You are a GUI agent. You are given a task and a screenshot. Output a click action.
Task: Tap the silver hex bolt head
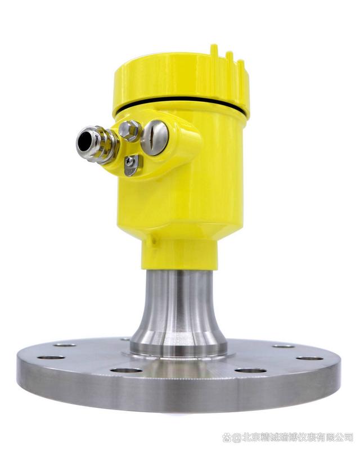130,130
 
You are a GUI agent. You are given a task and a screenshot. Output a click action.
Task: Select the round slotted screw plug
155,138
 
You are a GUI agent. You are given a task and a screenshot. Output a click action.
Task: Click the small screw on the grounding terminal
130,162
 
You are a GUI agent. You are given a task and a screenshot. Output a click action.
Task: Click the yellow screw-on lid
182,80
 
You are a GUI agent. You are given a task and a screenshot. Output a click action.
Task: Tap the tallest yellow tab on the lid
214,53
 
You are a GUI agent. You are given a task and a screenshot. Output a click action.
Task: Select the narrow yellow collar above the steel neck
179,255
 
